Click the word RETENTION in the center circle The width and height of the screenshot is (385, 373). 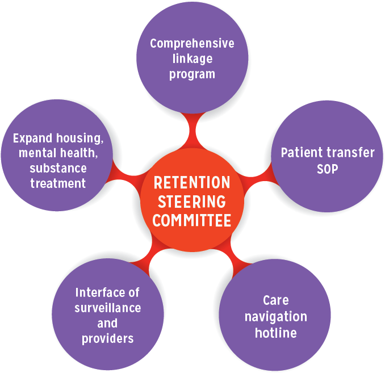pos(192,183)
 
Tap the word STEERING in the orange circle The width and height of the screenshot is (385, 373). pos(192,202)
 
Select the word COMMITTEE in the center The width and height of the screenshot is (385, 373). pos(192,220)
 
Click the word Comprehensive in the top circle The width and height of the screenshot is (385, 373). pos(192,44)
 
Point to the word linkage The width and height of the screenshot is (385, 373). pos(192,58)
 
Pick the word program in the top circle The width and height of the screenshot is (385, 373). pos(192,74)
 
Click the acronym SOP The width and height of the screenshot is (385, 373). pos(328,169)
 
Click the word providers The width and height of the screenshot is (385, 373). pos(108,338)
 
